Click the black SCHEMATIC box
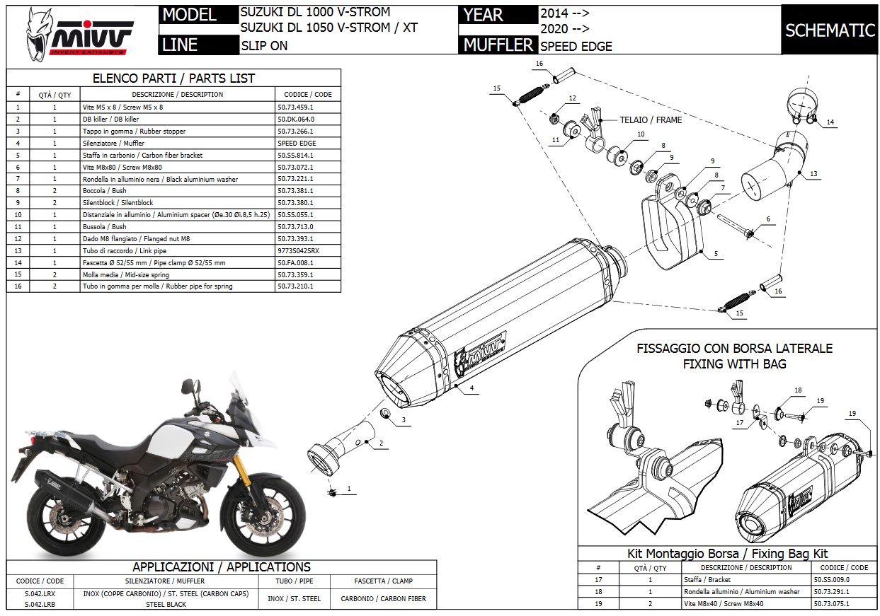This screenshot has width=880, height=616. [x=830, y=30]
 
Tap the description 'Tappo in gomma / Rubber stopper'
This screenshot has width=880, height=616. [x=135, y=131]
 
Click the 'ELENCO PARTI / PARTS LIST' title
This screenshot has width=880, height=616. [x=173, y=78]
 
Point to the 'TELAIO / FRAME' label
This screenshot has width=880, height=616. [x=651, y=120]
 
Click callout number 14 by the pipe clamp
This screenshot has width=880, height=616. [x=830, y=122]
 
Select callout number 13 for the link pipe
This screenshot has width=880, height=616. [x=813, y=174]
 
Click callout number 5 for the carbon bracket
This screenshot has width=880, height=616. [x=716, y=253]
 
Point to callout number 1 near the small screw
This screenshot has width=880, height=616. [x=348, y=488]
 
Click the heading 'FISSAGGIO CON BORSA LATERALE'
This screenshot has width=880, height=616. [x=734, y=349]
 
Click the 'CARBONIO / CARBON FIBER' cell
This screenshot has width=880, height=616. [x=383, y=599]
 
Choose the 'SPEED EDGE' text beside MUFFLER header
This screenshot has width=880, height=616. [x=576, y=47]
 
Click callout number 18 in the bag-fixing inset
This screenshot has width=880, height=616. [x=798, y=390]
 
